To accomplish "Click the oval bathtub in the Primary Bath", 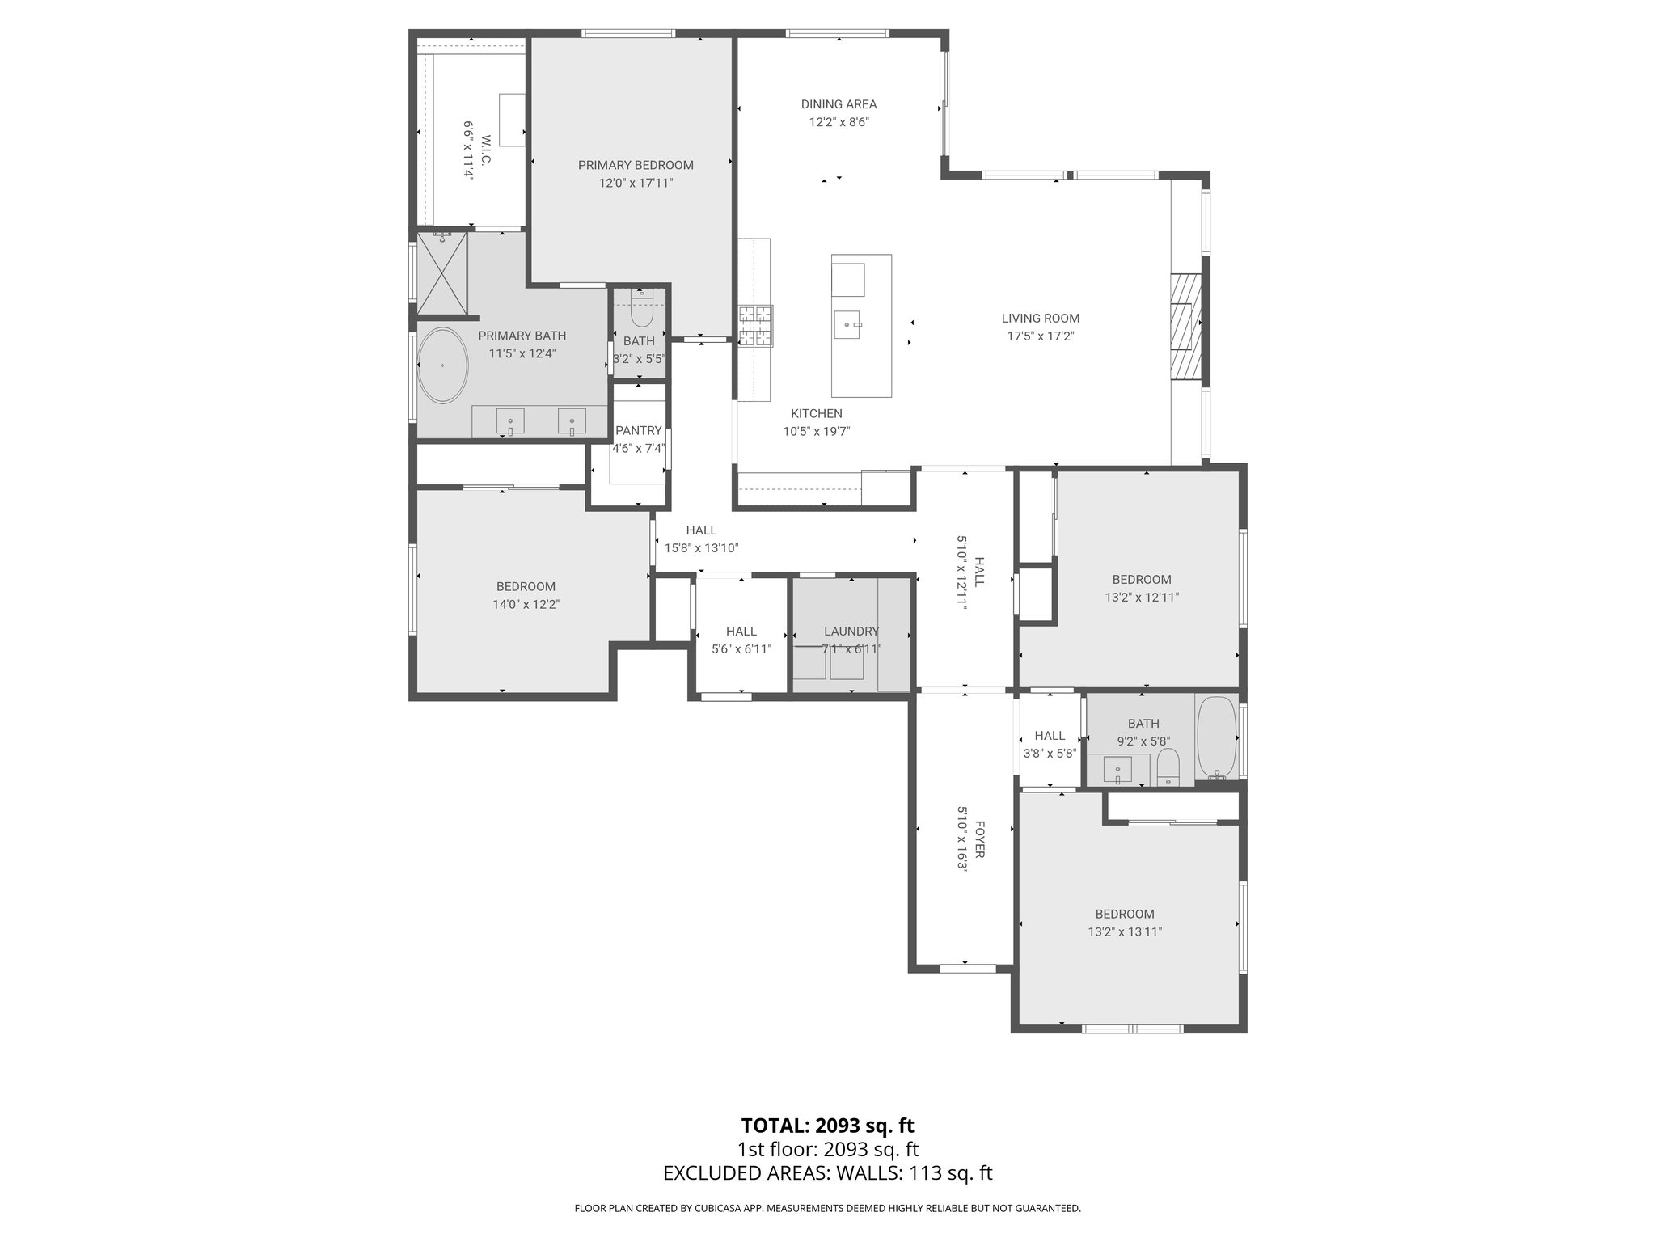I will [x=441, y=365].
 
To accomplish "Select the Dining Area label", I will [x=839, y=104].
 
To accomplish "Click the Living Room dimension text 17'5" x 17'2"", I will [x=1040, y=336].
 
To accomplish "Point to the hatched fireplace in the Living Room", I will [x=1185, y=327].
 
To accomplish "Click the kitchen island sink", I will [x=848, y=326].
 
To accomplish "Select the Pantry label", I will [x=638, y=431].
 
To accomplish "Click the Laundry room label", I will [x=851, y=632].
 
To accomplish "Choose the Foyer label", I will [x=979, y=840].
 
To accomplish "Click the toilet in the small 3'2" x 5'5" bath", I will [x=641, y=311].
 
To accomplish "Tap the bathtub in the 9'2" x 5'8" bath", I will [x=1216, y=737].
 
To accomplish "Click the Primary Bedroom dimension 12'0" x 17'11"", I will [x=636, y=184].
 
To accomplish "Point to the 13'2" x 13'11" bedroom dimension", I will [x=1124, y=931].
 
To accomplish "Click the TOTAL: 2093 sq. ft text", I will [x=827, y=1126].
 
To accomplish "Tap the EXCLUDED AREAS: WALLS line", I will [x=827, y=1173].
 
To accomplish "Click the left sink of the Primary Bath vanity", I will [x=510, y=421].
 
